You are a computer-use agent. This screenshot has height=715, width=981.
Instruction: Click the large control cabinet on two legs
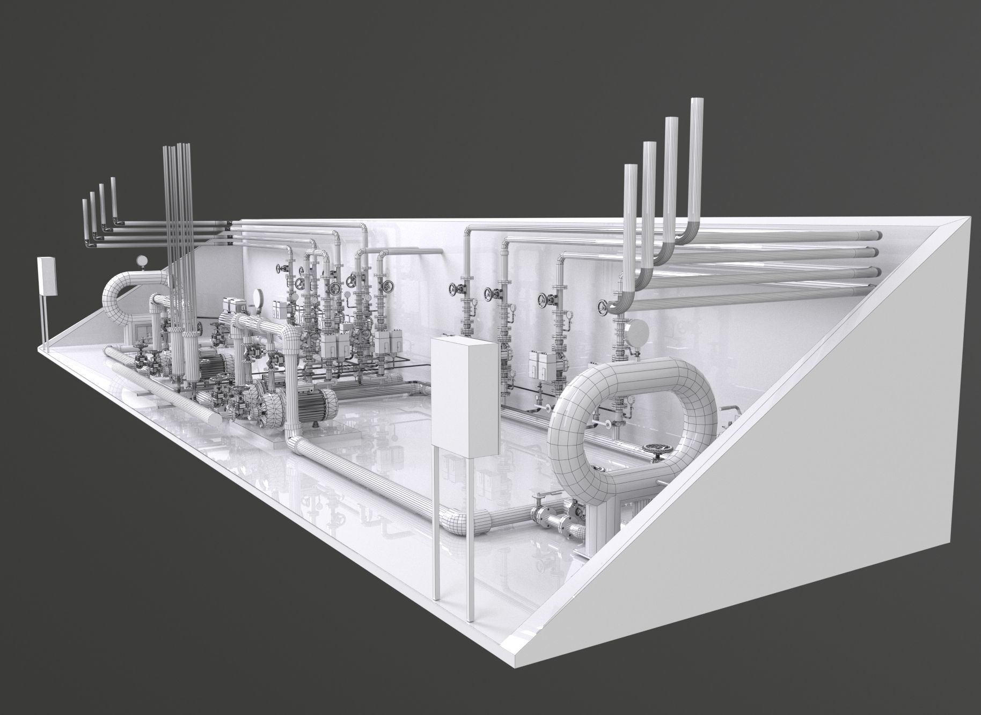point(465,396)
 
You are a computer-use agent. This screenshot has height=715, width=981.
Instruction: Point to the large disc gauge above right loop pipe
point(635,329)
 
